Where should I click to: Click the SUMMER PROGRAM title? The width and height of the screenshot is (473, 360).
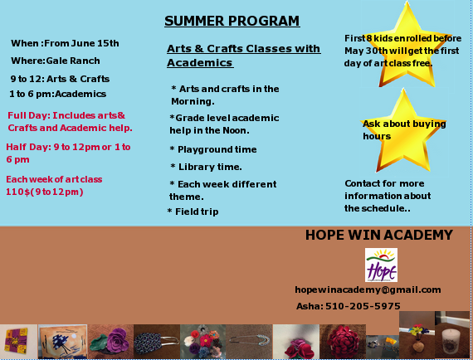[x=232, y=21]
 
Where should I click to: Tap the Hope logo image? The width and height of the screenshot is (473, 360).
[x=381, y=265]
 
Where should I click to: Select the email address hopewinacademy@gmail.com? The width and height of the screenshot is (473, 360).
[x=368, y=290]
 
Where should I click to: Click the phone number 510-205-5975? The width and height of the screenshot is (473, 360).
[x=363, y=306]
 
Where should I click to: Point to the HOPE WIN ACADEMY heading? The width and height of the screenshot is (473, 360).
[x=379, y=236]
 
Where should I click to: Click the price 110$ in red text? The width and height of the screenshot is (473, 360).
[x=18, y=192]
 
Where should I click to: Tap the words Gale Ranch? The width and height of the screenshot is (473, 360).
[x=73, y=61]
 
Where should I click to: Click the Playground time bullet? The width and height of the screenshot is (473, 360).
[x=213, y=149]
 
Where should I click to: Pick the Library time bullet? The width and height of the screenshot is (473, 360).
[x=206, y=167]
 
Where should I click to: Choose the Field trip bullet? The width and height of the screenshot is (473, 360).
[x=193, y=212]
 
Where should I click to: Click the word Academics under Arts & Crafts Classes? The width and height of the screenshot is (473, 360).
[x=200, y=63]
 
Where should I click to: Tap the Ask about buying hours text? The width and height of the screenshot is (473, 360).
[x=404, y=130]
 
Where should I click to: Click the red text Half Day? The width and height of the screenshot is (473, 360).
[x=29, y=147]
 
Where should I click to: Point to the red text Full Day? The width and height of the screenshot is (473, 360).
[x=29, y=115]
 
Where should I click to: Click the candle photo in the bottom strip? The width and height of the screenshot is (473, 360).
[x=452, y=334]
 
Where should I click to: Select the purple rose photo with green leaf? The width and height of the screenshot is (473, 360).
[x=110, y=341]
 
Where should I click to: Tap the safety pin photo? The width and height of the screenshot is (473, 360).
[x=249, y=341]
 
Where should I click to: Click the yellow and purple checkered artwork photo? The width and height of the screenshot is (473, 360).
[x=18, y=341]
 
